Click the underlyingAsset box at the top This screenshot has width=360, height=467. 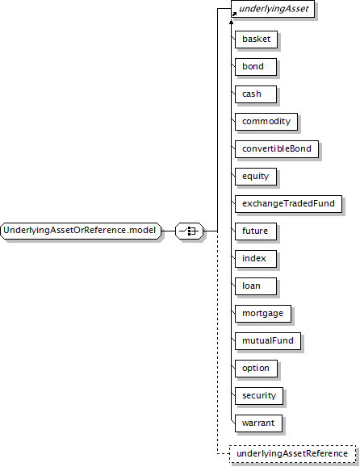coord(273,9)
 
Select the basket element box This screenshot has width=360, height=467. coord(257,40)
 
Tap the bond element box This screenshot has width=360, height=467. coord(256,67)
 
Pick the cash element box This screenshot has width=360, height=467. coord(256,94)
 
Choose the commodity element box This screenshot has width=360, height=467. coord(266,122)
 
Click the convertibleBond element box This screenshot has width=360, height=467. coord(277,149)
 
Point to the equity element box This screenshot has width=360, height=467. coord(256,177)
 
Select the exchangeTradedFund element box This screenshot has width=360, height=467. coord(288,204)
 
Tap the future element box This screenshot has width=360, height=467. coord(256,231)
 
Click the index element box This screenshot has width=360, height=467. coord(256,259)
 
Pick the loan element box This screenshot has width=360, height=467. coord(256,286)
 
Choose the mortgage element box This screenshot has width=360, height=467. coord(263,313)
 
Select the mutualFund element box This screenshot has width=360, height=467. coord(268,340)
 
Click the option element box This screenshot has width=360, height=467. coord(257,369)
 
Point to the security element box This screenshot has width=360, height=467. coord(259,396)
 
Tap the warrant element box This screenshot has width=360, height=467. coord(258,423)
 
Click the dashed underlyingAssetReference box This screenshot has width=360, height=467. coord(293,454)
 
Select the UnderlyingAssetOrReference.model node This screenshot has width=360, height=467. coord(81,231)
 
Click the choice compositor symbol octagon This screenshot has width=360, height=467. coord(189,231)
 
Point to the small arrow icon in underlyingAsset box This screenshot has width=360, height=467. coord(234,15)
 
